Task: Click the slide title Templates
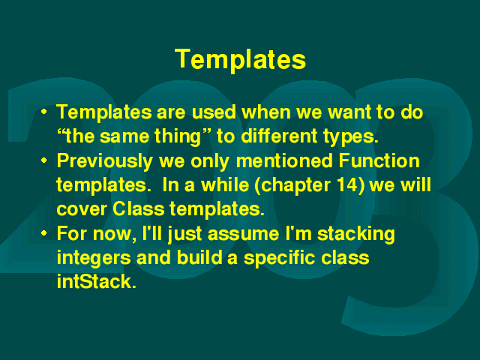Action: coord(240,59)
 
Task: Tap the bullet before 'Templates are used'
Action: coord(44,112)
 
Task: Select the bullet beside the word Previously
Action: coord(44,160)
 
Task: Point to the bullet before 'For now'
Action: coord(44,233)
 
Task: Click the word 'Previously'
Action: coord(105,161)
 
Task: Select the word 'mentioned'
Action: coord(284,160)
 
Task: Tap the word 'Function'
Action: coord(379,160)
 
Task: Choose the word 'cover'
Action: coord(82,210)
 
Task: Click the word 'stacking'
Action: coord(356,234)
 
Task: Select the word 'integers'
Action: coord(94,258)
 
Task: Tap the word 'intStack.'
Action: coord(96,282)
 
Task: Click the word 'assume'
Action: coord(243,234)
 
